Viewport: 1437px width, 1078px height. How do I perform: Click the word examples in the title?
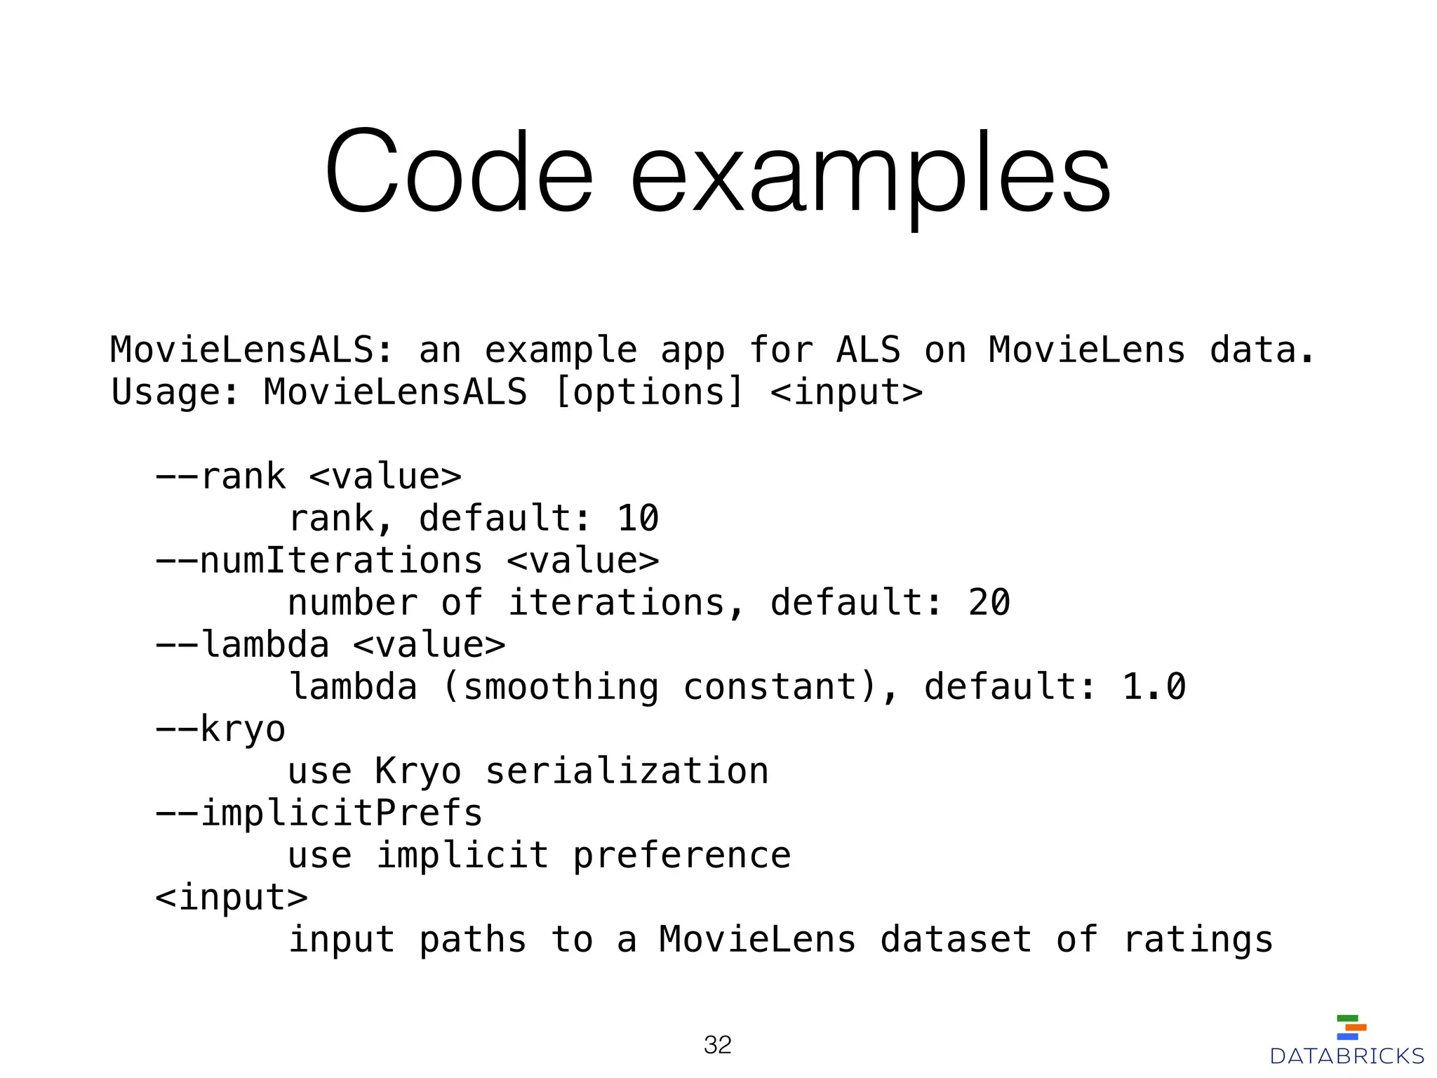[870, 175]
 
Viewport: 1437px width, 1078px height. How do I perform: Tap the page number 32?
[718, 1045]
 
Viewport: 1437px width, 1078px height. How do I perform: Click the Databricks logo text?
[1347, 1056]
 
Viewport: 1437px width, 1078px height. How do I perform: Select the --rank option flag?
[221, 477]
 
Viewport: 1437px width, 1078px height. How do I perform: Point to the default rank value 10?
[638, 519]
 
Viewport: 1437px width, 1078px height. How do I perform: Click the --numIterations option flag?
[319, 561]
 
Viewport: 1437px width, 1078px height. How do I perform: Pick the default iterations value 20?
[989, 603]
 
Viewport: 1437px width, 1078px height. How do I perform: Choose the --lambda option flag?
[243, 645]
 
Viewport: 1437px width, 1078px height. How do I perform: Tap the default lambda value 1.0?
[1154, 687]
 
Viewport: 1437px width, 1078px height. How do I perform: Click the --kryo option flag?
[221, 729]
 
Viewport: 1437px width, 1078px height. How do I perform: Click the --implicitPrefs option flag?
[319, 813]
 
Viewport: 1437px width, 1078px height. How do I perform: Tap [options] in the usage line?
[648, 392]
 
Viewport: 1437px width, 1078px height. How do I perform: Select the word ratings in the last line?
[1198, 940]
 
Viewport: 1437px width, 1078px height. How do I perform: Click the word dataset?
[956, 940]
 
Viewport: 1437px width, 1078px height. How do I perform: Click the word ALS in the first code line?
[869, 350]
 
